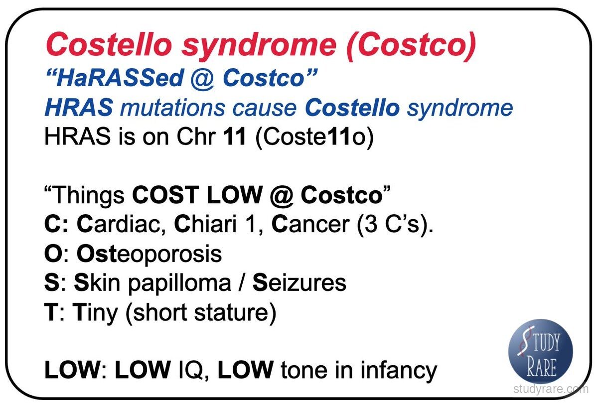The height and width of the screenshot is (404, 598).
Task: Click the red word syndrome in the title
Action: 259,45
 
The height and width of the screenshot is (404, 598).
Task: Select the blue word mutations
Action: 172,108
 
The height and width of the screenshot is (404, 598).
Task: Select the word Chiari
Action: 205,224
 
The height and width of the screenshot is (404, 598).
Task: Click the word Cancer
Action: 310,225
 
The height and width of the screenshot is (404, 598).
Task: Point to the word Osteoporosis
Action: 149,254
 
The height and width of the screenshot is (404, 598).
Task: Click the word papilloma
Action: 180,283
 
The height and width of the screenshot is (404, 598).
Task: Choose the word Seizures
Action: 299,283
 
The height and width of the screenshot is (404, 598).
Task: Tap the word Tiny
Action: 95,313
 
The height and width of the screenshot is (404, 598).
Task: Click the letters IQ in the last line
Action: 190,370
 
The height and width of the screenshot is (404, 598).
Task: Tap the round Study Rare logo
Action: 541,351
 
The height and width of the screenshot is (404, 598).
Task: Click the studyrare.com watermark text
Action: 551,389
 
